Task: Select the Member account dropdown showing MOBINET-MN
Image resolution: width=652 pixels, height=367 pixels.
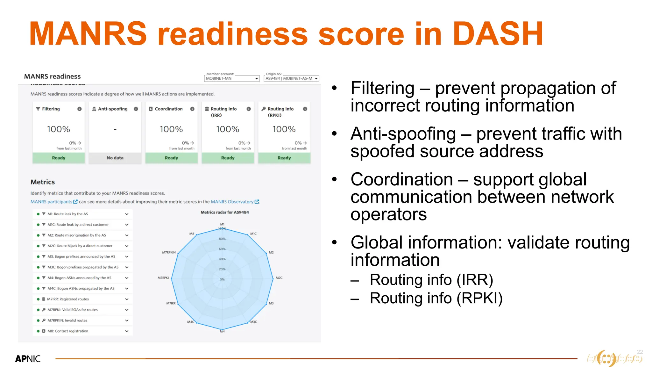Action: pos(232,78)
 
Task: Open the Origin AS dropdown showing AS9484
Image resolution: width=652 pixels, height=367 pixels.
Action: pos(291,78)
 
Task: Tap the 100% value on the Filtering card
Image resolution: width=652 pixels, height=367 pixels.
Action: pos(58,129)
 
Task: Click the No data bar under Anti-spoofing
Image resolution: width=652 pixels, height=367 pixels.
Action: pos(115,158)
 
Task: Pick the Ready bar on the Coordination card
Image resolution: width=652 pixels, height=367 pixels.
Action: pos(171,158)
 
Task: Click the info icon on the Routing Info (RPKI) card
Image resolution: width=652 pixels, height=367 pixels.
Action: pos(305,109)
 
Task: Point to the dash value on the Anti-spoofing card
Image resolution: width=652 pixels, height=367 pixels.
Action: pos(115,129)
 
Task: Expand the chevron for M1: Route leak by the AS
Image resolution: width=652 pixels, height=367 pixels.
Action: pos(127,214)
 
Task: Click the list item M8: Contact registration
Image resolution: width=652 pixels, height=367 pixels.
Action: pos(68,331)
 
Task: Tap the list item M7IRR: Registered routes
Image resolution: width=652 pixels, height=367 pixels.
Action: pos(68,299)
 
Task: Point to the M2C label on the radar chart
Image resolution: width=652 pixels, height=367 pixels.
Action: pos(279,278)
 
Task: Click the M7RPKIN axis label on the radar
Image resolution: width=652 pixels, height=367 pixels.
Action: pos(169,252)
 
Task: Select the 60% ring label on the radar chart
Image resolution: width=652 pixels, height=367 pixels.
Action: pos(222,249)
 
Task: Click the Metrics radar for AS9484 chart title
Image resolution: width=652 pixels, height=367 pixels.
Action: pos(224,212)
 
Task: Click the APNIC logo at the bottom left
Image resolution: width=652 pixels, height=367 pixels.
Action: pos(28,359)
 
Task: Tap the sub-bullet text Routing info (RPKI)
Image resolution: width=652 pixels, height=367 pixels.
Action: pos(436,298)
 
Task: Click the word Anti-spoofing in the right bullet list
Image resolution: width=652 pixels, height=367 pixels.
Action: pos(403,134)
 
